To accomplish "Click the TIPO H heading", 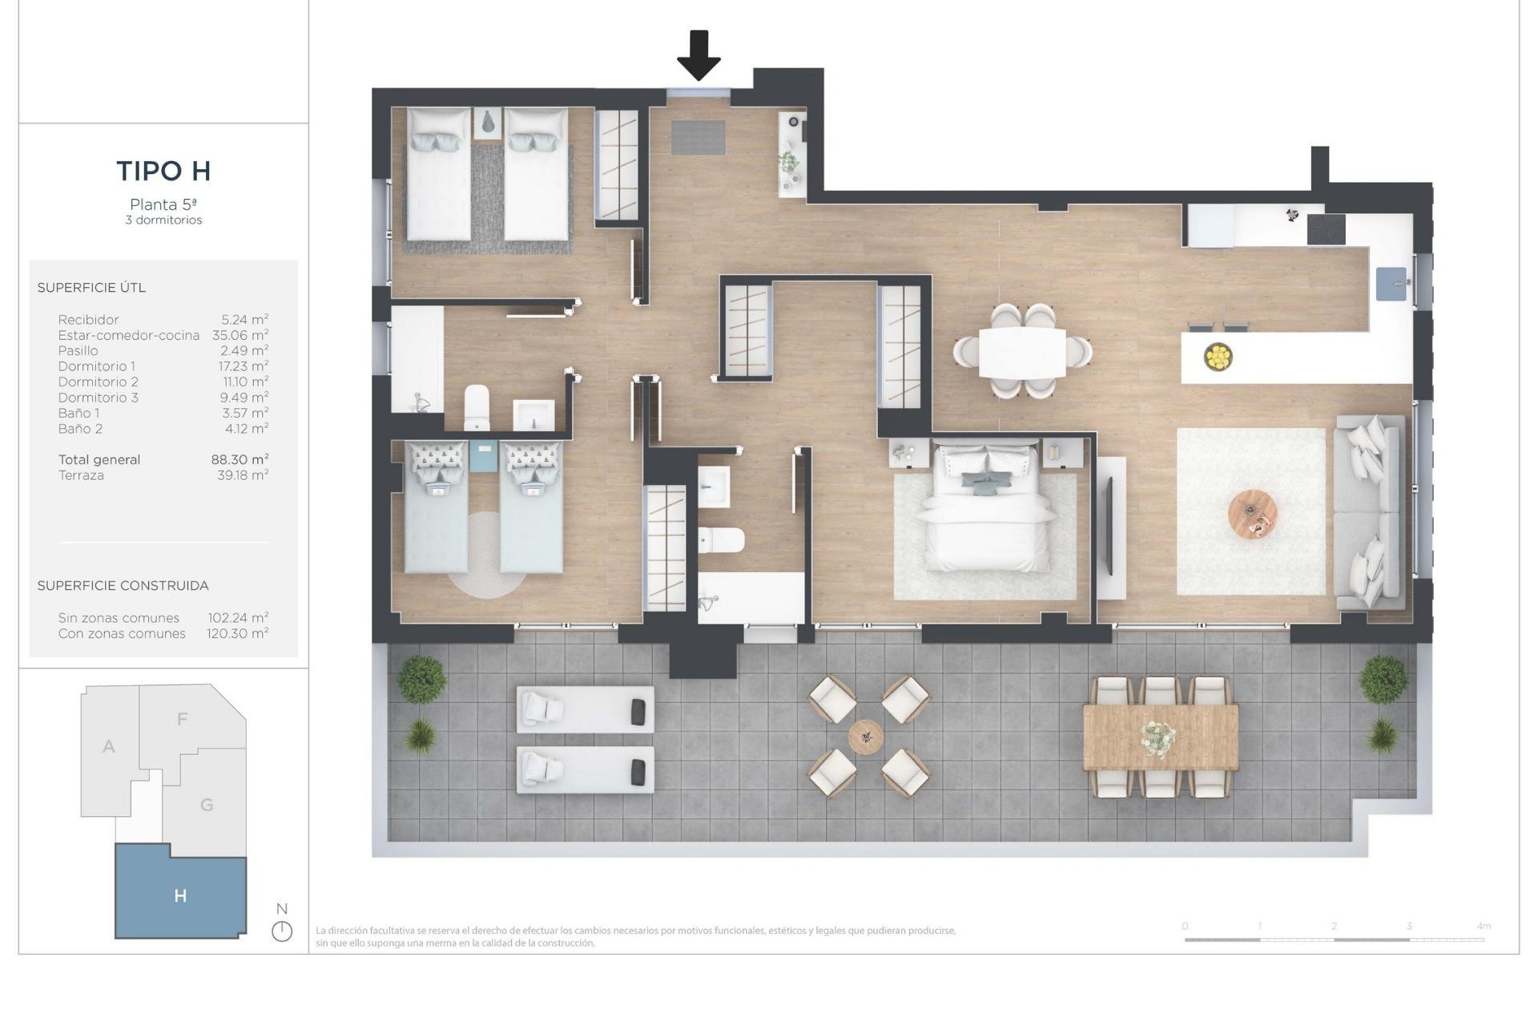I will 163,171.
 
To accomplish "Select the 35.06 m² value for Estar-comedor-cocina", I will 240,335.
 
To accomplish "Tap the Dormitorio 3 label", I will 98,398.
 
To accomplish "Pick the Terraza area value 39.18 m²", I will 243,475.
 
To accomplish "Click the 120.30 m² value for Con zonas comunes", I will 237,633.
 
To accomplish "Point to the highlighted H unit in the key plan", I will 180,895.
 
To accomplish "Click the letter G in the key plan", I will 207,805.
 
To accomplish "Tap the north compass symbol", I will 282,931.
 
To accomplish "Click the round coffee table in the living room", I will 1252,514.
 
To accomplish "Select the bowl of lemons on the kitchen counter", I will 1218,356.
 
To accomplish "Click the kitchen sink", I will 1391,284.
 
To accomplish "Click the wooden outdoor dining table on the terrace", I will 1160,736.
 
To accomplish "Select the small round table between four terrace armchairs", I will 866,736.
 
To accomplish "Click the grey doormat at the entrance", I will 698,137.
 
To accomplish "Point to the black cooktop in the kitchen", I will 1326,229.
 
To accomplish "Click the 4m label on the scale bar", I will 1483,926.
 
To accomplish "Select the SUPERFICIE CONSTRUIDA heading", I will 123,586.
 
